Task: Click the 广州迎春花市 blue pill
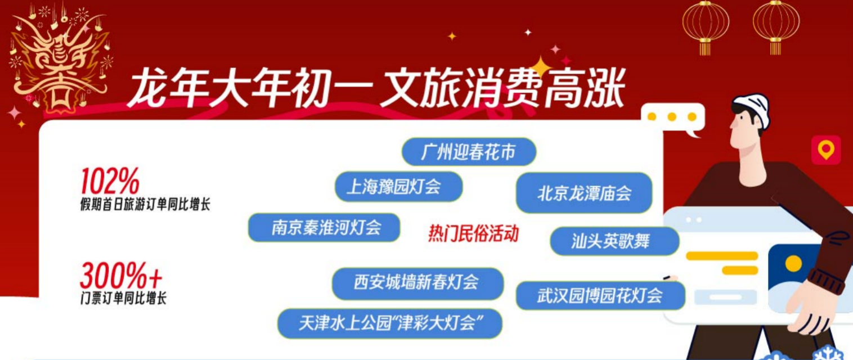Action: tap(469, 152)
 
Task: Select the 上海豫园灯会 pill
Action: tap(399, 187)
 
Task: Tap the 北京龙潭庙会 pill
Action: tap(584, 193)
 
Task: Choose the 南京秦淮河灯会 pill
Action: tap(324, 228)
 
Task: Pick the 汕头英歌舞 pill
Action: tap(614, 241)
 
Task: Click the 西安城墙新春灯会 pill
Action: tap(417, 283)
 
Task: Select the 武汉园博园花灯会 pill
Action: tap(600, 296)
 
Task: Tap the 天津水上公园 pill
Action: tap(390, 323)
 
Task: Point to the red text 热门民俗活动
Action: tap(473, 233)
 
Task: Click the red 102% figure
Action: tap(110, 182)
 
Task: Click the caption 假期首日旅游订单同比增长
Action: tap(145, 204)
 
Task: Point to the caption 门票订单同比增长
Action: tap(123, 298)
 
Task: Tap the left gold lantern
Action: tap(706, 26)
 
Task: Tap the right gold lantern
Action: tap(776, 26)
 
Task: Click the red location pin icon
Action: tap(825, 150)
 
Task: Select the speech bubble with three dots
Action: tap(673, 118)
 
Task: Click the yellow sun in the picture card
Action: tap(793, 264)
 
